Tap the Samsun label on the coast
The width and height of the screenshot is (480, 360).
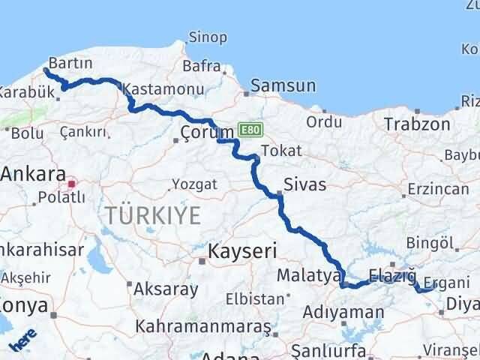click(279, 86)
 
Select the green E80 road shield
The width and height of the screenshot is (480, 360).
click(250, 130)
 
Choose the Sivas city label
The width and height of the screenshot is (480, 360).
click(305, 183)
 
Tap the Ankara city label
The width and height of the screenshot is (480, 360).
click(32, 175)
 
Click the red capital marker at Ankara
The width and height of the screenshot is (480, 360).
click(72, 182)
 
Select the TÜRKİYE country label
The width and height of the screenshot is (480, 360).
click(153, 216)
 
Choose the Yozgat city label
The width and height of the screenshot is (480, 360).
click(194, 184)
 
